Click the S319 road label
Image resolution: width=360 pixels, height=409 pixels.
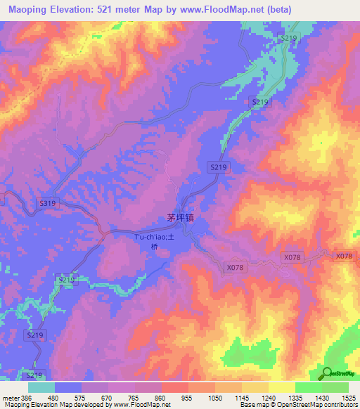47,203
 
